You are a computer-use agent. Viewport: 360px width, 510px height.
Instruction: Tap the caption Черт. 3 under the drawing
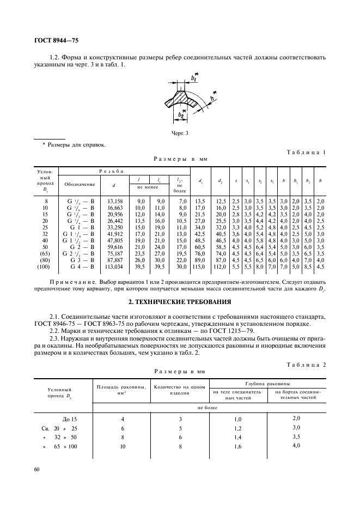179,132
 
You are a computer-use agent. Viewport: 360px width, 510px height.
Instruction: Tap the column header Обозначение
80,184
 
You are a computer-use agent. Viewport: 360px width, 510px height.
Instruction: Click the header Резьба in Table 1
124,171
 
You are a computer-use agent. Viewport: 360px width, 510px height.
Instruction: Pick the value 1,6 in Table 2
237,446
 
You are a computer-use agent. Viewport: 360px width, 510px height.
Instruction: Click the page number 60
36,469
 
